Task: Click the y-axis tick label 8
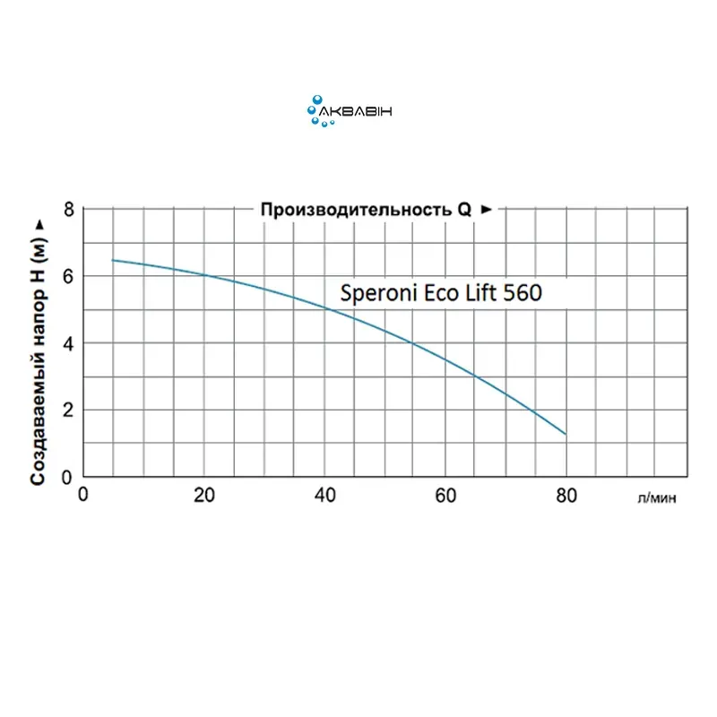pyautogui.click(x=65, y=210)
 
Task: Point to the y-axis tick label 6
pyautogui.click(x=65, y=276)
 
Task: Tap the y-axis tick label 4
pyautogui.click(x=65, y=343)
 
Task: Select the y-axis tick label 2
pyautogui.click(x=65, y=410)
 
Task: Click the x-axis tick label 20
pyautogui.click(x=205, y=494)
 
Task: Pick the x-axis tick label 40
pyautogui.click(x=325, y=494)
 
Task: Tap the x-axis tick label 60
pyautogui.click(x=446, y=494)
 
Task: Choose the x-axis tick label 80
pyautogui.click(x=566, y=494)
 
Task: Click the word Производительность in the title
pyautogui.click(x=358, y=210)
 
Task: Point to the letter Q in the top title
pyautogui.click(x=465, y=210)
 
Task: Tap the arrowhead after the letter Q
pyautogui.click(x=487, y=210)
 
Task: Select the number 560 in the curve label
pyautogui.click(x=522, y=293)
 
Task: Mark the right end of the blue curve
pyautogui.click(x=566, y=435)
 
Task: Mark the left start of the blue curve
pyautogui.click(x=112, y=260)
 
